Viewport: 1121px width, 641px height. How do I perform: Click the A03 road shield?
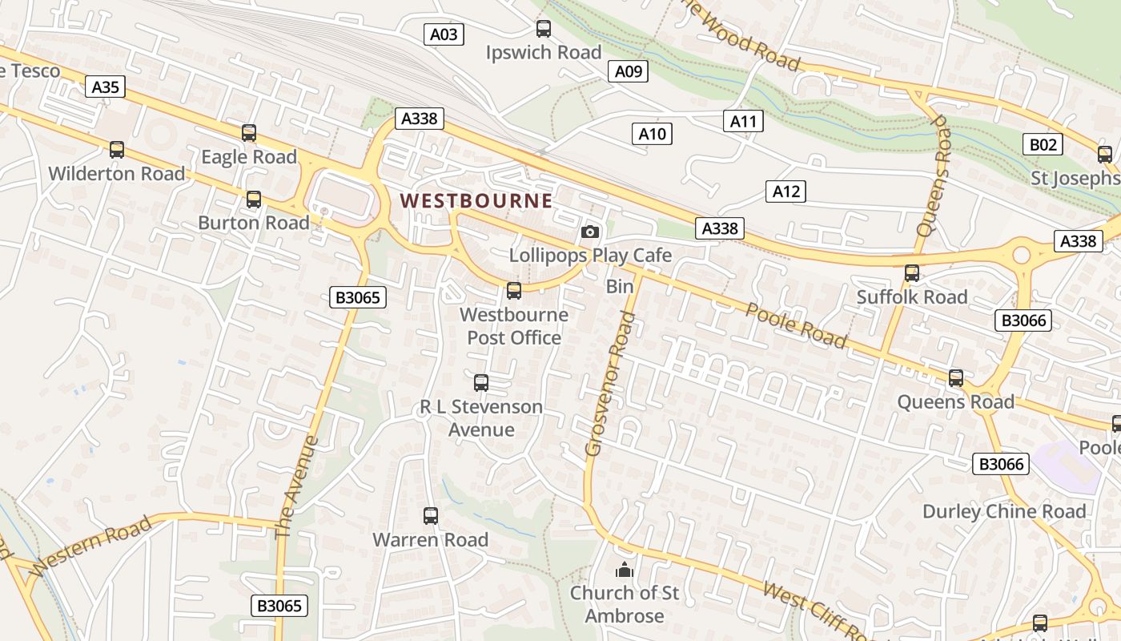tap(444, 34)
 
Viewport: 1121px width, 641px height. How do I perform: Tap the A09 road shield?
tap(629, 71)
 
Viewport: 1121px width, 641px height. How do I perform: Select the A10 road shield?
tap(652, 134)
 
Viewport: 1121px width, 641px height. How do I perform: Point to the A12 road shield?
tap(786, 191)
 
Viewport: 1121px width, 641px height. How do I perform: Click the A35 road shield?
tap(106, 87)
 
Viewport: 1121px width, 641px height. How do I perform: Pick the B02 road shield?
tap(1043, 145)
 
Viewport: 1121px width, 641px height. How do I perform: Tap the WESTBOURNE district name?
tap(476, 201)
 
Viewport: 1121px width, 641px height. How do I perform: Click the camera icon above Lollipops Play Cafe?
tap(590, 232)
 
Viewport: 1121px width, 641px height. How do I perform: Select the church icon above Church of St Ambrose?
tap(624, 570)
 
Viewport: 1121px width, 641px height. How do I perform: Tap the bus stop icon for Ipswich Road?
tap(544, 30)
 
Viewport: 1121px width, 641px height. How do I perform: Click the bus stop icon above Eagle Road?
tap(249, 134)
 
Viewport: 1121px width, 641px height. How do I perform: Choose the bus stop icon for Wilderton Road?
tap(117, 150)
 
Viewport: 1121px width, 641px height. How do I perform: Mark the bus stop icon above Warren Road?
tap(431, 516)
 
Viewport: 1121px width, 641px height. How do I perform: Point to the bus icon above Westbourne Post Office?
tap(514, 291)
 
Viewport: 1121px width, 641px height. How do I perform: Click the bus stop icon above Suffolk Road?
tap(912, 273)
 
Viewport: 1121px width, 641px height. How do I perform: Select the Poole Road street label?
tap(796, 325)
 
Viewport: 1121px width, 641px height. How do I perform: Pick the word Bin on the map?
tap(620, 286)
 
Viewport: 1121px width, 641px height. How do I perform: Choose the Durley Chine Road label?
tap(1004, 511)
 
